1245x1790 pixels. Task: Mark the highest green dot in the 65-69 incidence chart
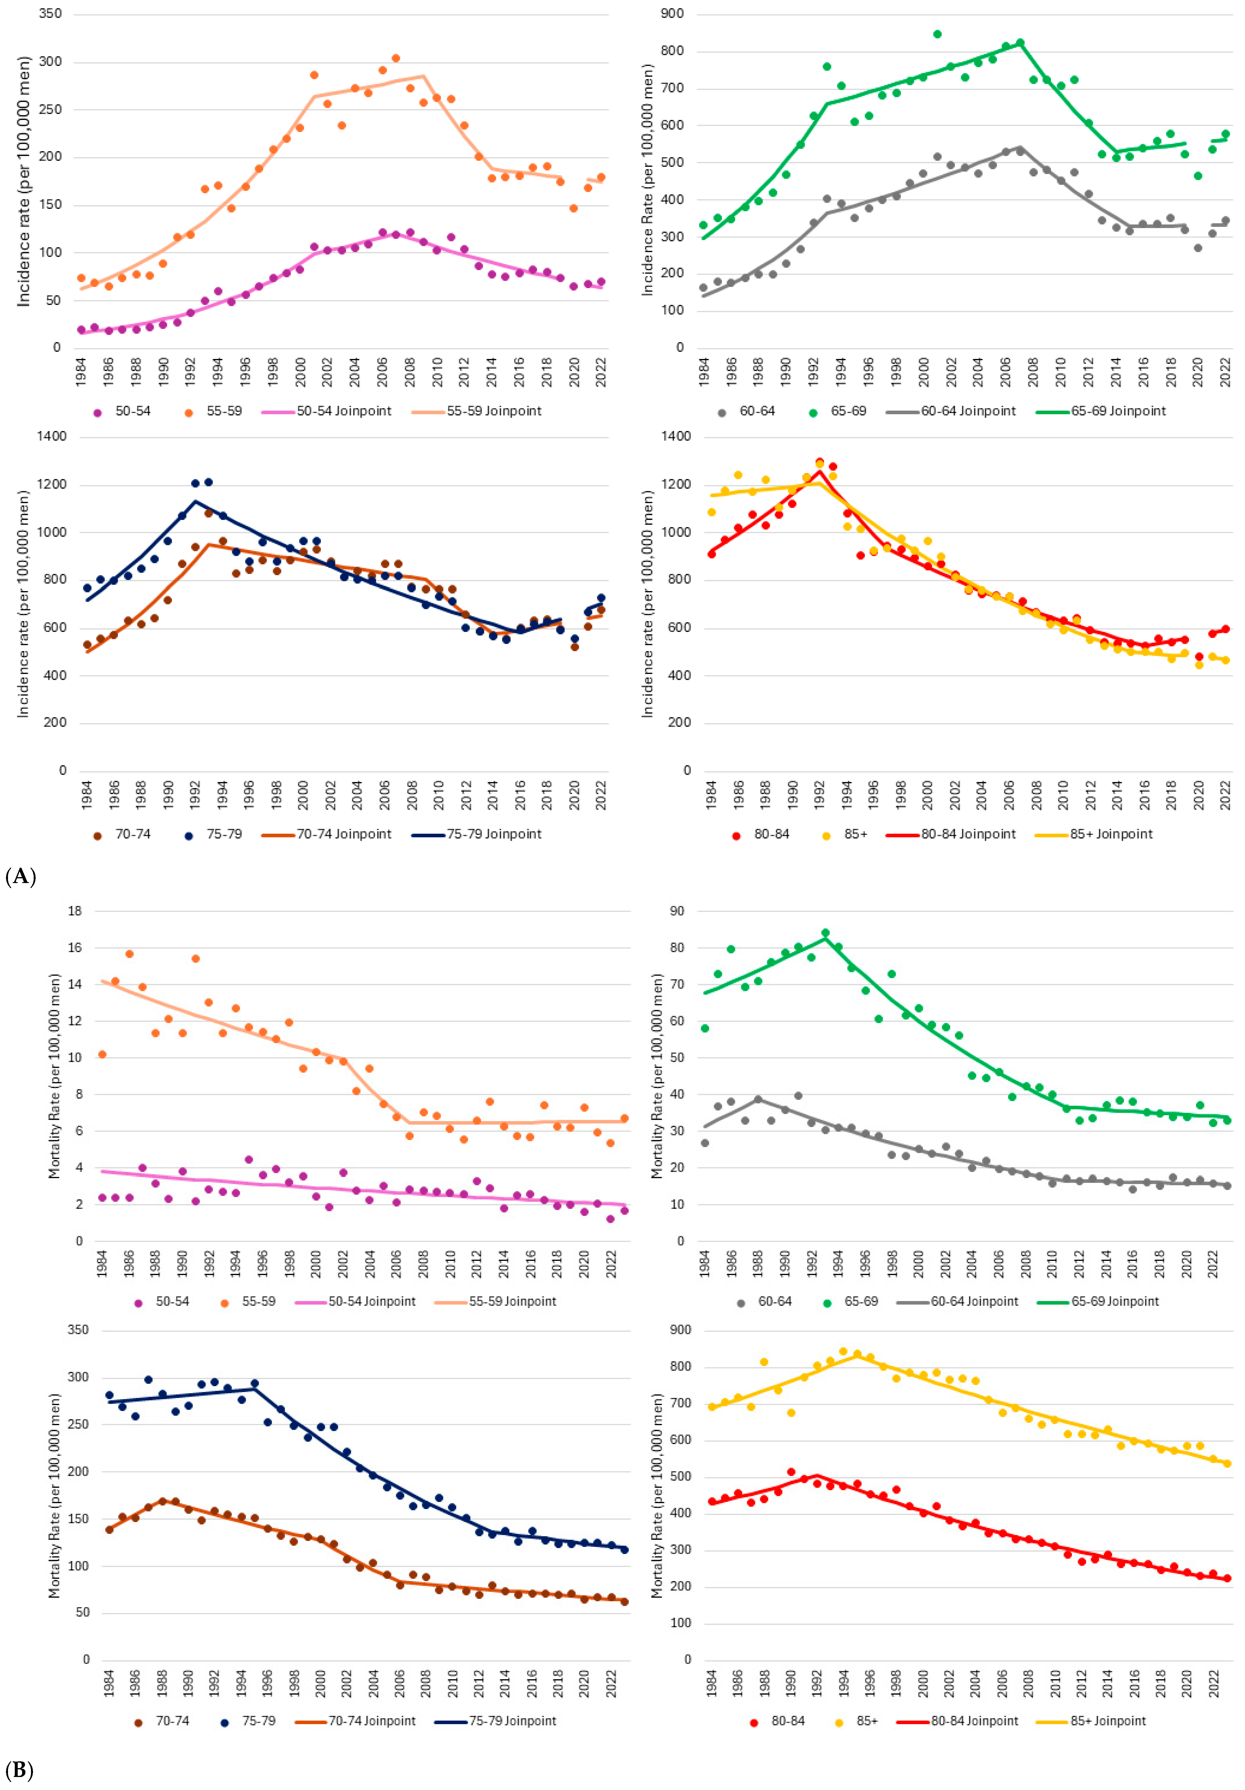pos(937,34)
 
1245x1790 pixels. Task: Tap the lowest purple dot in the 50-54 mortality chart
pos(611,1219)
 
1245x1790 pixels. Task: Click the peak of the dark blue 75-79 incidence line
pos(195,500)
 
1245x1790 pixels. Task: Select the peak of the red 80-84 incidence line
pos(819,471)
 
